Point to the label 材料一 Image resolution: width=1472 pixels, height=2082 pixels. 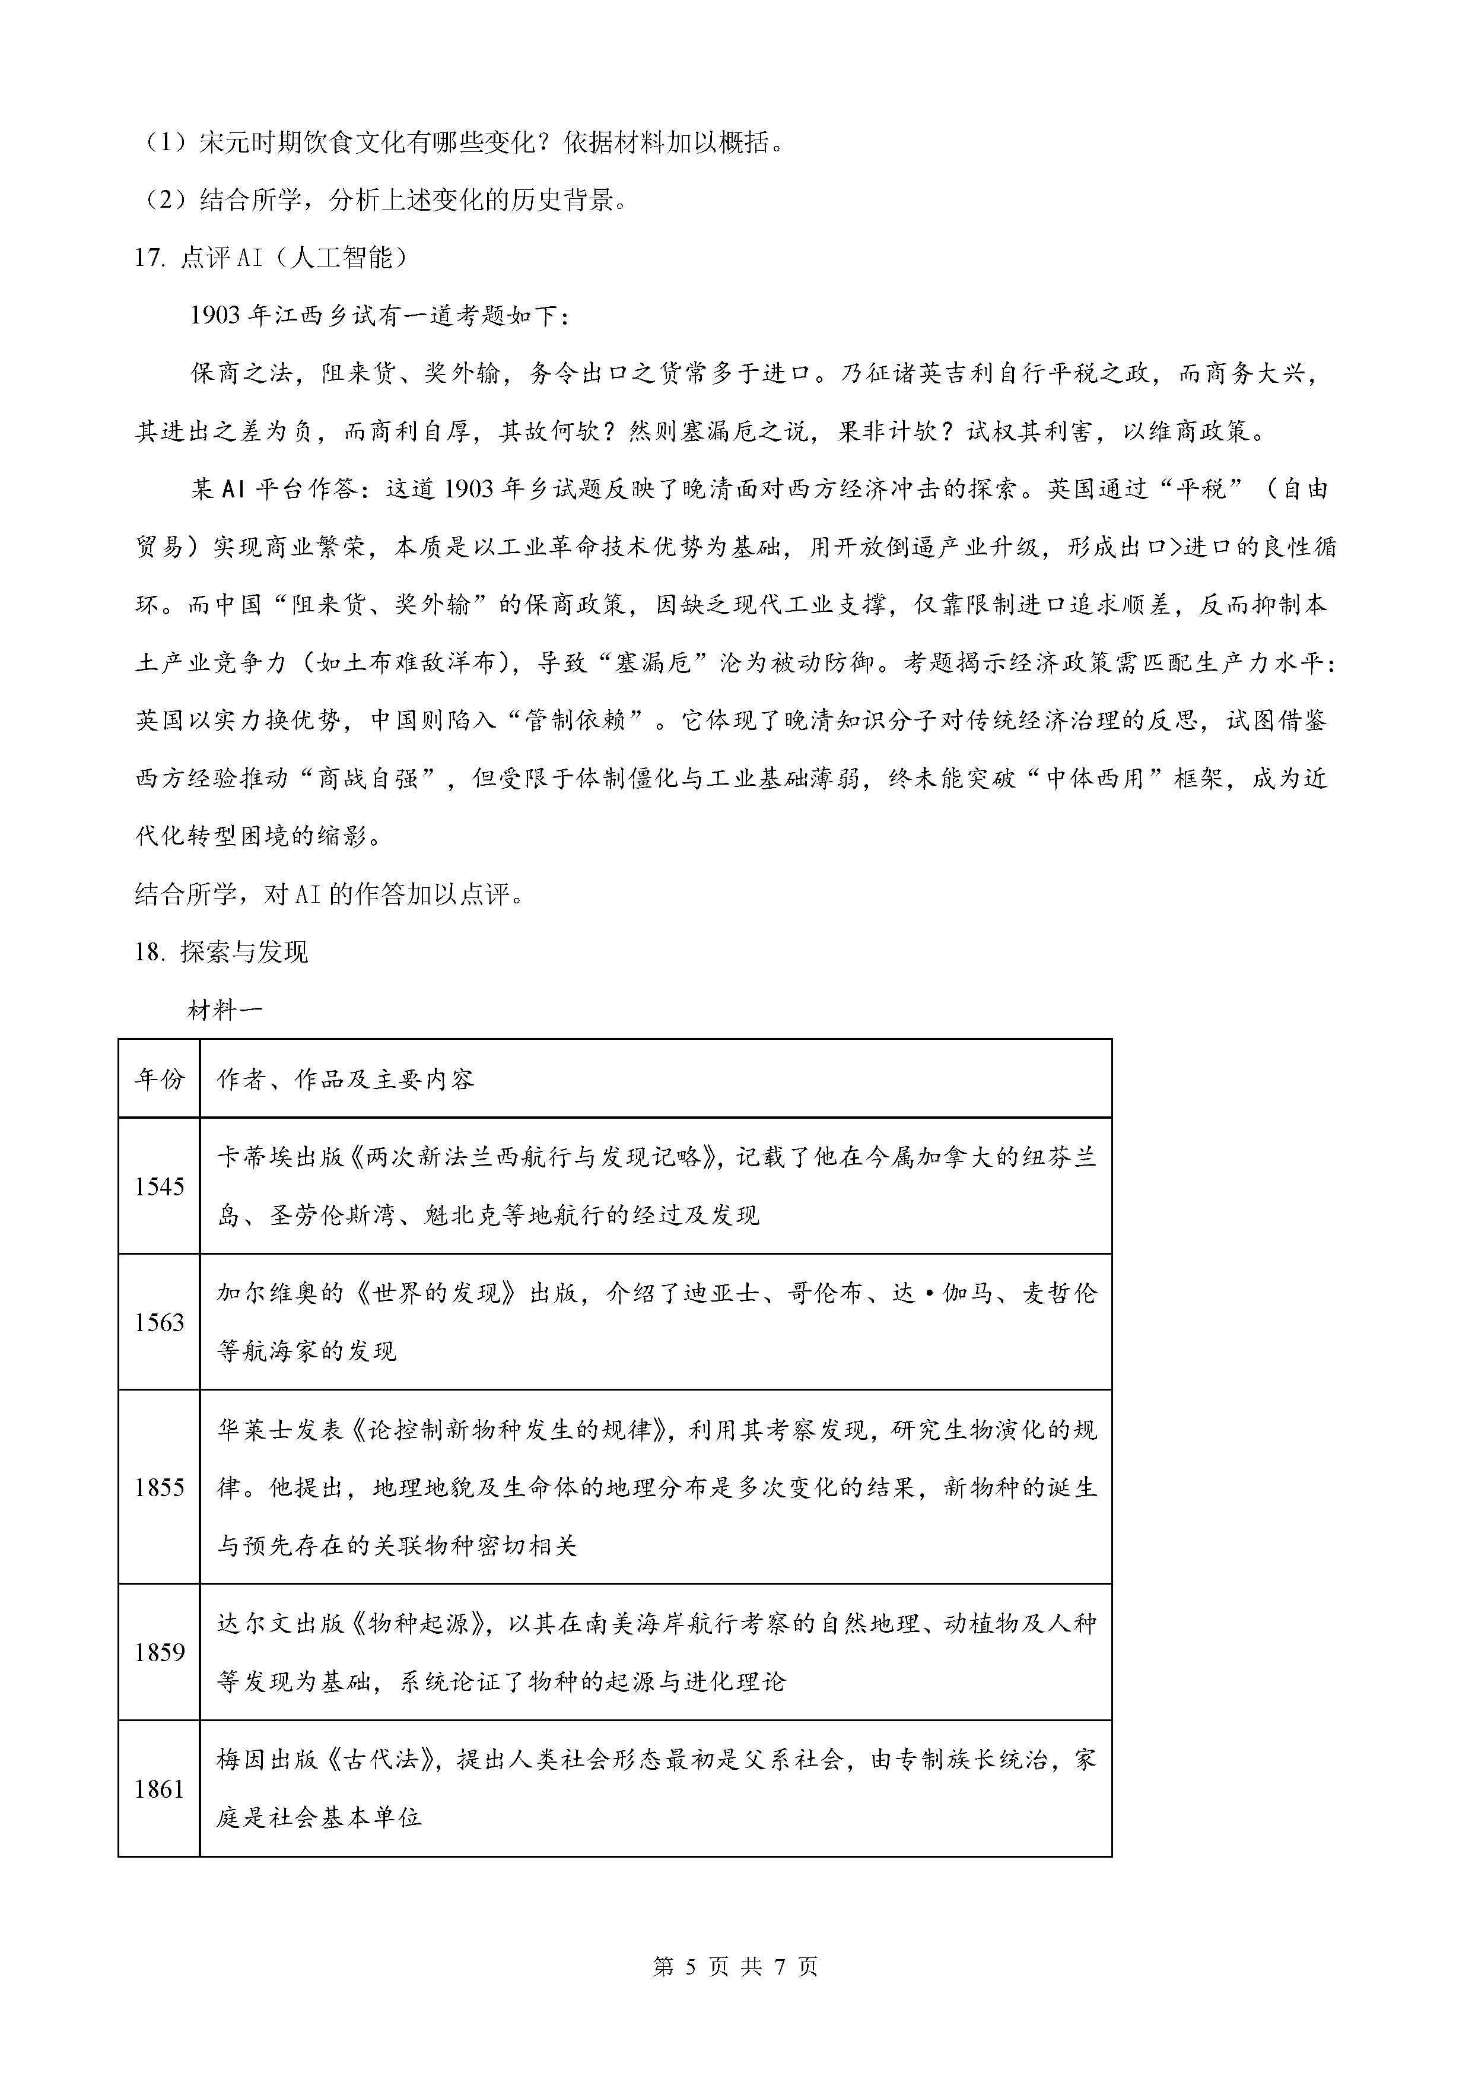[x=225, y=1010]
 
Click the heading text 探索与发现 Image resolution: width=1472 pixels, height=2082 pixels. [x=244, y=951]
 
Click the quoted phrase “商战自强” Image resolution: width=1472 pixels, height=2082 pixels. [x=369, y=778]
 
